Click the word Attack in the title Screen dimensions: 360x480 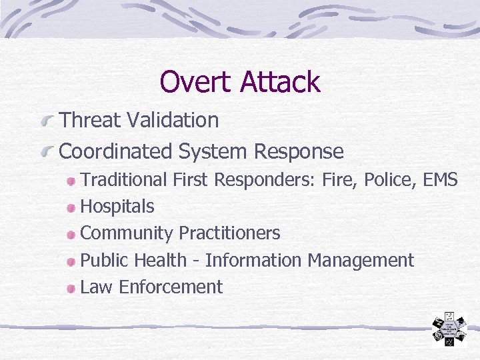[x=280, y=82]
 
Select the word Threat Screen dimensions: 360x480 [x=91, y=121]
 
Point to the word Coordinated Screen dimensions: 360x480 [x=116, y=151]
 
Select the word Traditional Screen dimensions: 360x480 [x=123, y=179]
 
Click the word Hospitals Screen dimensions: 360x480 [x=117, y=207]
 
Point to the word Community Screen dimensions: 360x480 [x=127, y=233]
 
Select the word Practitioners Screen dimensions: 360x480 [x=229, y=233]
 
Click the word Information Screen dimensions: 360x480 [x=253, y=260]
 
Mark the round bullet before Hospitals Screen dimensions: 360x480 [x=71, y=207]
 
